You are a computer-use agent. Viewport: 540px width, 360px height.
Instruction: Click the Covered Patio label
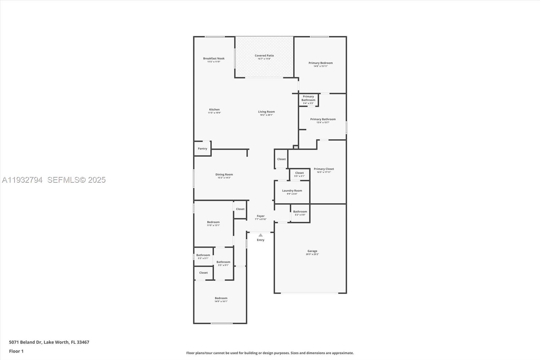tap(264, 56)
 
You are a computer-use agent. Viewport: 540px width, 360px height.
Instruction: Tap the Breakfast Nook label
tap(214, 58)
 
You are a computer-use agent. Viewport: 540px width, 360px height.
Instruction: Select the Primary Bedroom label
tap(320, 63)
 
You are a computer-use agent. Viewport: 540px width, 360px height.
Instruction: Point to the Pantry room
tap(202, 149)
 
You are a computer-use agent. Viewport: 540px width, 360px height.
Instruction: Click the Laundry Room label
tap(292, 191)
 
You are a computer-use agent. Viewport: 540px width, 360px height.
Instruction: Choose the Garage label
tap(312, 251)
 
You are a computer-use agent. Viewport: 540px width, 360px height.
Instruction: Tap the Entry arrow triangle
tap(261, 235)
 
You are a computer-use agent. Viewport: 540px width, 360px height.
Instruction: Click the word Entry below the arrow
tap(261, 240)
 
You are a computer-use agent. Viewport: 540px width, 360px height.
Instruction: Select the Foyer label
tap(261, 216)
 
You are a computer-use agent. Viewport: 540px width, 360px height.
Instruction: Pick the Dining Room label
tap(224, 175)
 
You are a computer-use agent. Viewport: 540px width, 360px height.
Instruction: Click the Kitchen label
tap(214, 110)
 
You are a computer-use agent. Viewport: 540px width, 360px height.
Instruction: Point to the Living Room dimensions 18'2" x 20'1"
tap(266, 115)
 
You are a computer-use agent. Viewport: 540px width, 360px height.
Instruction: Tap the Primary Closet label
tap(324, 169)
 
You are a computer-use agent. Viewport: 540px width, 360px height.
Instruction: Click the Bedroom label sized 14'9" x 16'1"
tap(221, 298)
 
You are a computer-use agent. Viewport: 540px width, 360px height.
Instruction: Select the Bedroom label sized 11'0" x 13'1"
tap(213, 222)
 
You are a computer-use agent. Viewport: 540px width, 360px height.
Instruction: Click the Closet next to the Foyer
tap(240, 209)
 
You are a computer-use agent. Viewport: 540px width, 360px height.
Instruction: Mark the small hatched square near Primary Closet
tap(296, 147)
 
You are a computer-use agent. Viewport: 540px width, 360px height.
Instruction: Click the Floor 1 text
tap(16, 351)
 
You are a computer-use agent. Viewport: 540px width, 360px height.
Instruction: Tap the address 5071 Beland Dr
tap(25, 342)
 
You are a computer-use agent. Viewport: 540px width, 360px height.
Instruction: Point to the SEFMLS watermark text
tap(76, 180)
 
